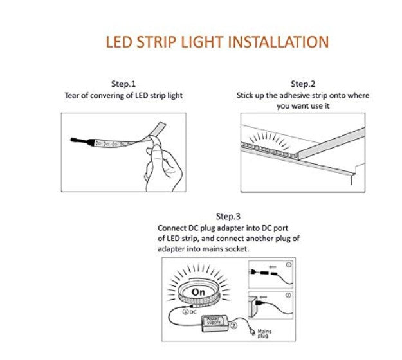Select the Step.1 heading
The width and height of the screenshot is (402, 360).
[x=123, y=84]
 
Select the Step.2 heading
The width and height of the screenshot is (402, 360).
[x=302, y=84]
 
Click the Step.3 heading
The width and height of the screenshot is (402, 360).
[x=228, y=217]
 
